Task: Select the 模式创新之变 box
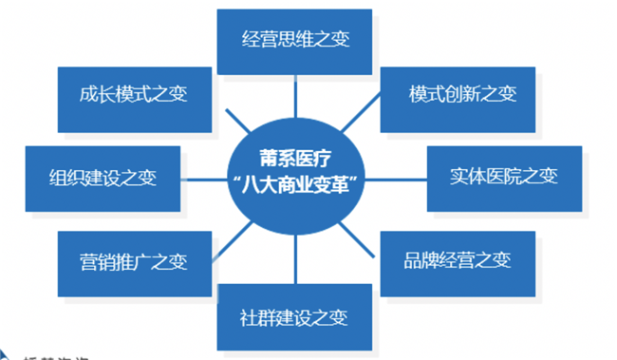[462, 96]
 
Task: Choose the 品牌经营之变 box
[462, 259]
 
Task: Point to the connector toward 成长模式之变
[229, 119]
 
